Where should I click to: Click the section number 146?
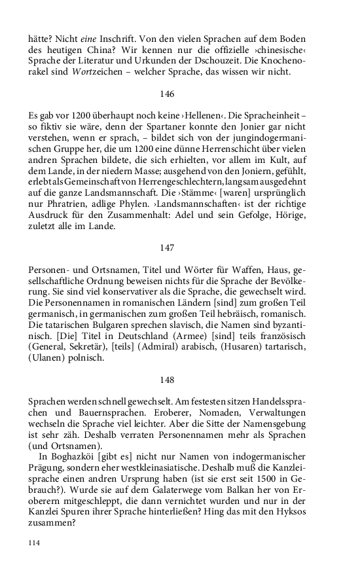click(x=167, y=94)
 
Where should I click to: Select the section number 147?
click(x=167, y=248)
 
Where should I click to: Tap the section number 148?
click(x=167, y=380)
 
